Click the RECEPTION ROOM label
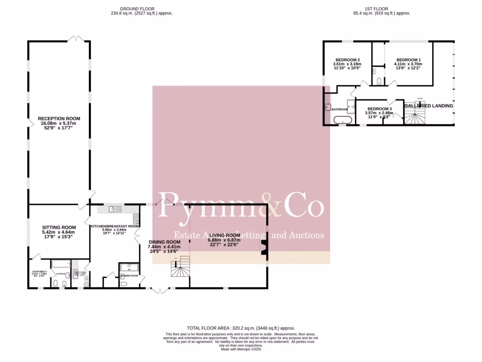59,118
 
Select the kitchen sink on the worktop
113,209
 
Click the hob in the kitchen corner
136,218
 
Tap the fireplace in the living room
264,248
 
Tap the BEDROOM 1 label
408,60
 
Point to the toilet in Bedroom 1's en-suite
378,81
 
